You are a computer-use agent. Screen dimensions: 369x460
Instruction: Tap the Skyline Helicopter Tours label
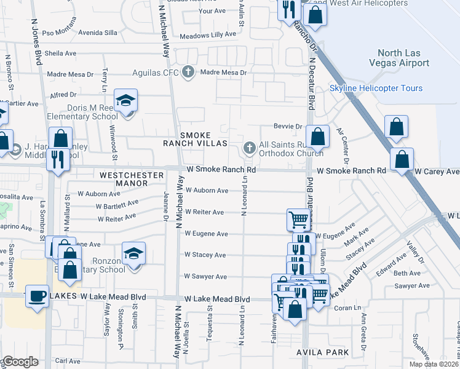[x=376, y=89]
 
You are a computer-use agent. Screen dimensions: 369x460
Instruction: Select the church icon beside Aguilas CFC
[x=189, y=72]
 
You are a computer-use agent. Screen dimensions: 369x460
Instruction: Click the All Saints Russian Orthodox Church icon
[x=249, y=147]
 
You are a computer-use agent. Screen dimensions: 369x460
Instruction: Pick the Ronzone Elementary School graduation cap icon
[x=133, y=254]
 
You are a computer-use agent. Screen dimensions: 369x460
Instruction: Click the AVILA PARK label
[x=322, y=352]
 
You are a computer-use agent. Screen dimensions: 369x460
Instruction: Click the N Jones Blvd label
[x=38, y=37]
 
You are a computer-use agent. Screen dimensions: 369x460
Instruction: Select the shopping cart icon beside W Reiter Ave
[x=298, y=220]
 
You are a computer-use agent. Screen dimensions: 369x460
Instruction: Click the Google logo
[x=20, y=362]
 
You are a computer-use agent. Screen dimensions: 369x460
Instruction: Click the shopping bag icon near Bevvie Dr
[x=317, y=137]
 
